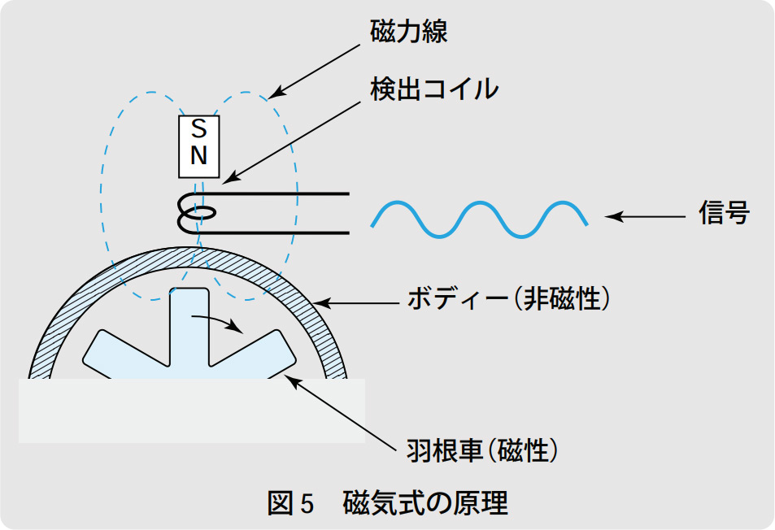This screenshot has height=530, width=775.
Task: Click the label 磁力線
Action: coord(409,32)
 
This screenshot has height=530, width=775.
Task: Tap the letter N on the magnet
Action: coord(198,157)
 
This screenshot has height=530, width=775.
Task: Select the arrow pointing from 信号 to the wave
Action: coord(647,216)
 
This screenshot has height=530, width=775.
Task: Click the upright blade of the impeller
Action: coord(189,325)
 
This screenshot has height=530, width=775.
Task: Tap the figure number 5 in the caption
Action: coord(307,505)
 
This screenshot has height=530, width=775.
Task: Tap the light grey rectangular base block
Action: coord(192,415)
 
